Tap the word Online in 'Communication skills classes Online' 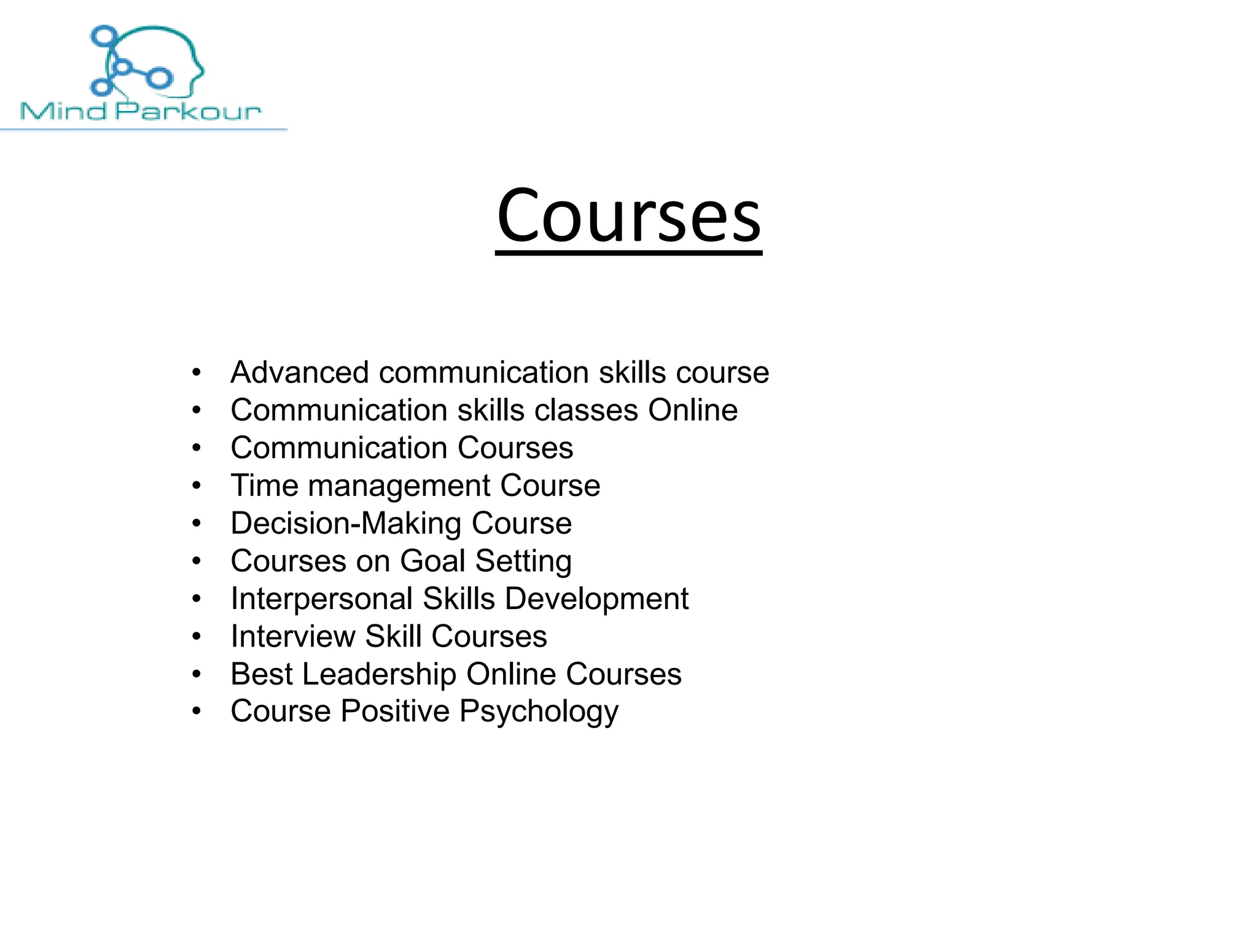[x=693, y=410]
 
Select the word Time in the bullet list [x=265, y=486]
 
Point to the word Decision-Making [x=346, y=524]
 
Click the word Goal [x=432, y=561]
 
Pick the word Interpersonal [x=321, y=599]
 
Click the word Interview [x=292, y=637]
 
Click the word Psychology [x=539, y=712]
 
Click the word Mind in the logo [x=63, y=111]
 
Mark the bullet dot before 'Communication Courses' [x=197, y=448]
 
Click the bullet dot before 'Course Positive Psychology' [x=197, y=712]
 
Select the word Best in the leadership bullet [x=262, y=674]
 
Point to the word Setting [x=523, y=561]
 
